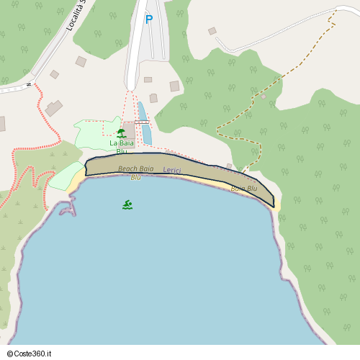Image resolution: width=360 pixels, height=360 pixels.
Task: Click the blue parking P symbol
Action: pyautogui.click(x=149, y=19)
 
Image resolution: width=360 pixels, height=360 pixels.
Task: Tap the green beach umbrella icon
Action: pyautogui.click(x=121, y=133)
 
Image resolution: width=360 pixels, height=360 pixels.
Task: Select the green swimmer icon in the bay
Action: pyautogui.click(x=127, y=204)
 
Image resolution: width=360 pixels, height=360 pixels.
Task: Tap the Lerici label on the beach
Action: pyautogui.click(x=172, y=170)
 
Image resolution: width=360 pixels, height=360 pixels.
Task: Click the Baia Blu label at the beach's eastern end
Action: pyautogui.click(x=243, y=189)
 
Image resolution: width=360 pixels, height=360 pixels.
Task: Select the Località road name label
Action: pyautogui.click(x=76, y=16)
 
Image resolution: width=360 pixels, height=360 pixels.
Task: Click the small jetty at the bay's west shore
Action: pyautogui.click(x=68, y=208)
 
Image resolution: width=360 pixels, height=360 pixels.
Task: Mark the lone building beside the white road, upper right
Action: pyautogui.click(x=212, y=31)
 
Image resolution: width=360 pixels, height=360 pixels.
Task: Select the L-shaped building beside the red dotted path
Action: pyautogui.click(x=53, y=108)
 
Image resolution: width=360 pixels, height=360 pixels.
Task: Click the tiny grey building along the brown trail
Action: pyautogui.click(x=264, y=96)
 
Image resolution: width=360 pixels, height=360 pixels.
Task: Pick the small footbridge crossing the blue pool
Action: pyautogui.click(x=142, y=122)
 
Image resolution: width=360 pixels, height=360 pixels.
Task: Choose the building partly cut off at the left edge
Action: pyautogui.click(x=1, y=123)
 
